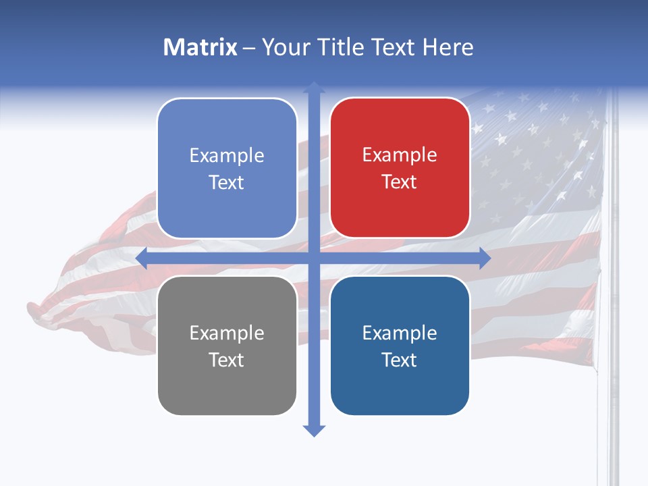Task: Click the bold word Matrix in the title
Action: coord(200,47)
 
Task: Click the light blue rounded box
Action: coord(227,168)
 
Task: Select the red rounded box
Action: coord(400,168)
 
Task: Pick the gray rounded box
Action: coord(227,346)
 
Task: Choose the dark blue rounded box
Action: coord(400,346)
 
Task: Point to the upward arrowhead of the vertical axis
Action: coord(313,87)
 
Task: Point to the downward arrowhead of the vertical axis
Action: coord(313,431)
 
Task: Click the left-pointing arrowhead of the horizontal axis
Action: coord(141,259)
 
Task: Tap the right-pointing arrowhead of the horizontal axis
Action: coord(485,259)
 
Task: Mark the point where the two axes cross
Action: coord(313,259)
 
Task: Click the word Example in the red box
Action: coord(400,155)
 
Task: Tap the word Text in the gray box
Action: coord(227,360)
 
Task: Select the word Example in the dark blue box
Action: coord(400,333)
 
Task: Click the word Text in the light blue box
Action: coord(227,182)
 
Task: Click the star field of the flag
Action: coord(533,155)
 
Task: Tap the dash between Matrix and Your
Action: coord(249,48)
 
